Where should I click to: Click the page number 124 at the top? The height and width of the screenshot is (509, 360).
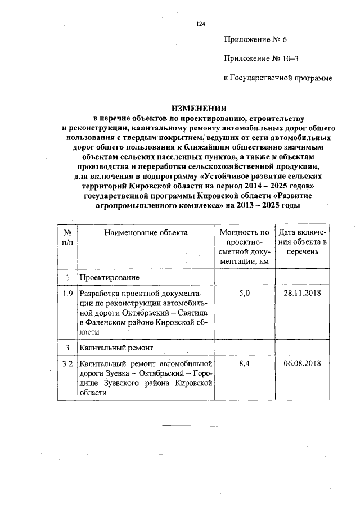point(199,24)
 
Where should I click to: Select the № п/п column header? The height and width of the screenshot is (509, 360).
point(67,236)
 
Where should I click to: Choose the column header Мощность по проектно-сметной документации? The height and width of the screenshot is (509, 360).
point(244,246)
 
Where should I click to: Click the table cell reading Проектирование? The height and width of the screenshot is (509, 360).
point(108,278)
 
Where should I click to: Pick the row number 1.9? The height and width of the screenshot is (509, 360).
point(67,294)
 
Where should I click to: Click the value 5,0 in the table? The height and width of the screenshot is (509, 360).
point(244,294)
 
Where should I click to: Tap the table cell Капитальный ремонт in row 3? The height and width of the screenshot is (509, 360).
point(114,348)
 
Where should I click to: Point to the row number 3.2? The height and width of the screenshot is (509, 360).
point(67,364)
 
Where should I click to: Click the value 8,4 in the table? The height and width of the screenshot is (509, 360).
point(244,364)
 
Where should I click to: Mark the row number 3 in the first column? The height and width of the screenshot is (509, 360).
point(67,348)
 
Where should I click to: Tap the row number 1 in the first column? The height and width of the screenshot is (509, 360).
point(67,278)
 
